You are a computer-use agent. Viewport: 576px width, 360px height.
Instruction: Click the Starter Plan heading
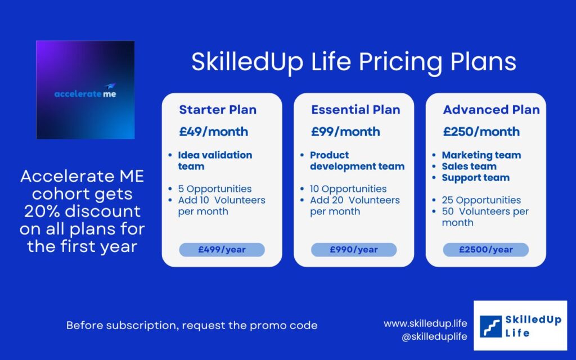218,110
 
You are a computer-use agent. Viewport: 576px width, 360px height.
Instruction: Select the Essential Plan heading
355,110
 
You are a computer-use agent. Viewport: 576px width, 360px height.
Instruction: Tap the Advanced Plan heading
491,110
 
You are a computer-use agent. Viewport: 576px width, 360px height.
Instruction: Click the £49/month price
213,132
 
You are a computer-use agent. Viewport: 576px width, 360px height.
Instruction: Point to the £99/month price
345,132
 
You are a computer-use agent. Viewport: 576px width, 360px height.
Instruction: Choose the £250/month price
481,132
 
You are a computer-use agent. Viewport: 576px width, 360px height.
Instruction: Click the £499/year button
222,250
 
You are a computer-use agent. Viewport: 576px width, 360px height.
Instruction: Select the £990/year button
354,250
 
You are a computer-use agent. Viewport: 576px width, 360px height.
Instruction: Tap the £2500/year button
485,250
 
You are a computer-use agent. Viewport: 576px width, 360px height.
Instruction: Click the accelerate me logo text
85,94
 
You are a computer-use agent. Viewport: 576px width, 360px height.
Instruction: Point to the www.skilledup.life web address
425,323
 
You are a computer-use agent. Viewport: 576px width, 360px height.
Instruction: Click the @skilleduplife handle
434,336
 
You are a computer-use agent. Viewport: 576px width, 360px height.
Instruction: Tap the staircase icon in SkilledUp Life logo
490,326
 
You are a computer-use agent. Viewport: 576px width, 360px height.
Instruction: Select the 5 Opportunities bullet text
215,189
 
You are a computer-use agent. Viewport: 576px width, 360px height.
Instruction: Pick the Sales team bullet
469,166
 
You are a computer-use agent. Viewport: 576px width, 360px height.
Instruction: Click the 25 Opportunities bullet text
481,200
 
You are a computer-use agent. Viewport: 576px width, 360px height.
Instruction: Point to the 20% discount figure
82,211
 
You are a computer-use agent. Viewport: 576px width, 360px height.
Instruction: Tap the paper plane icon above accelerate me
110,86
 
